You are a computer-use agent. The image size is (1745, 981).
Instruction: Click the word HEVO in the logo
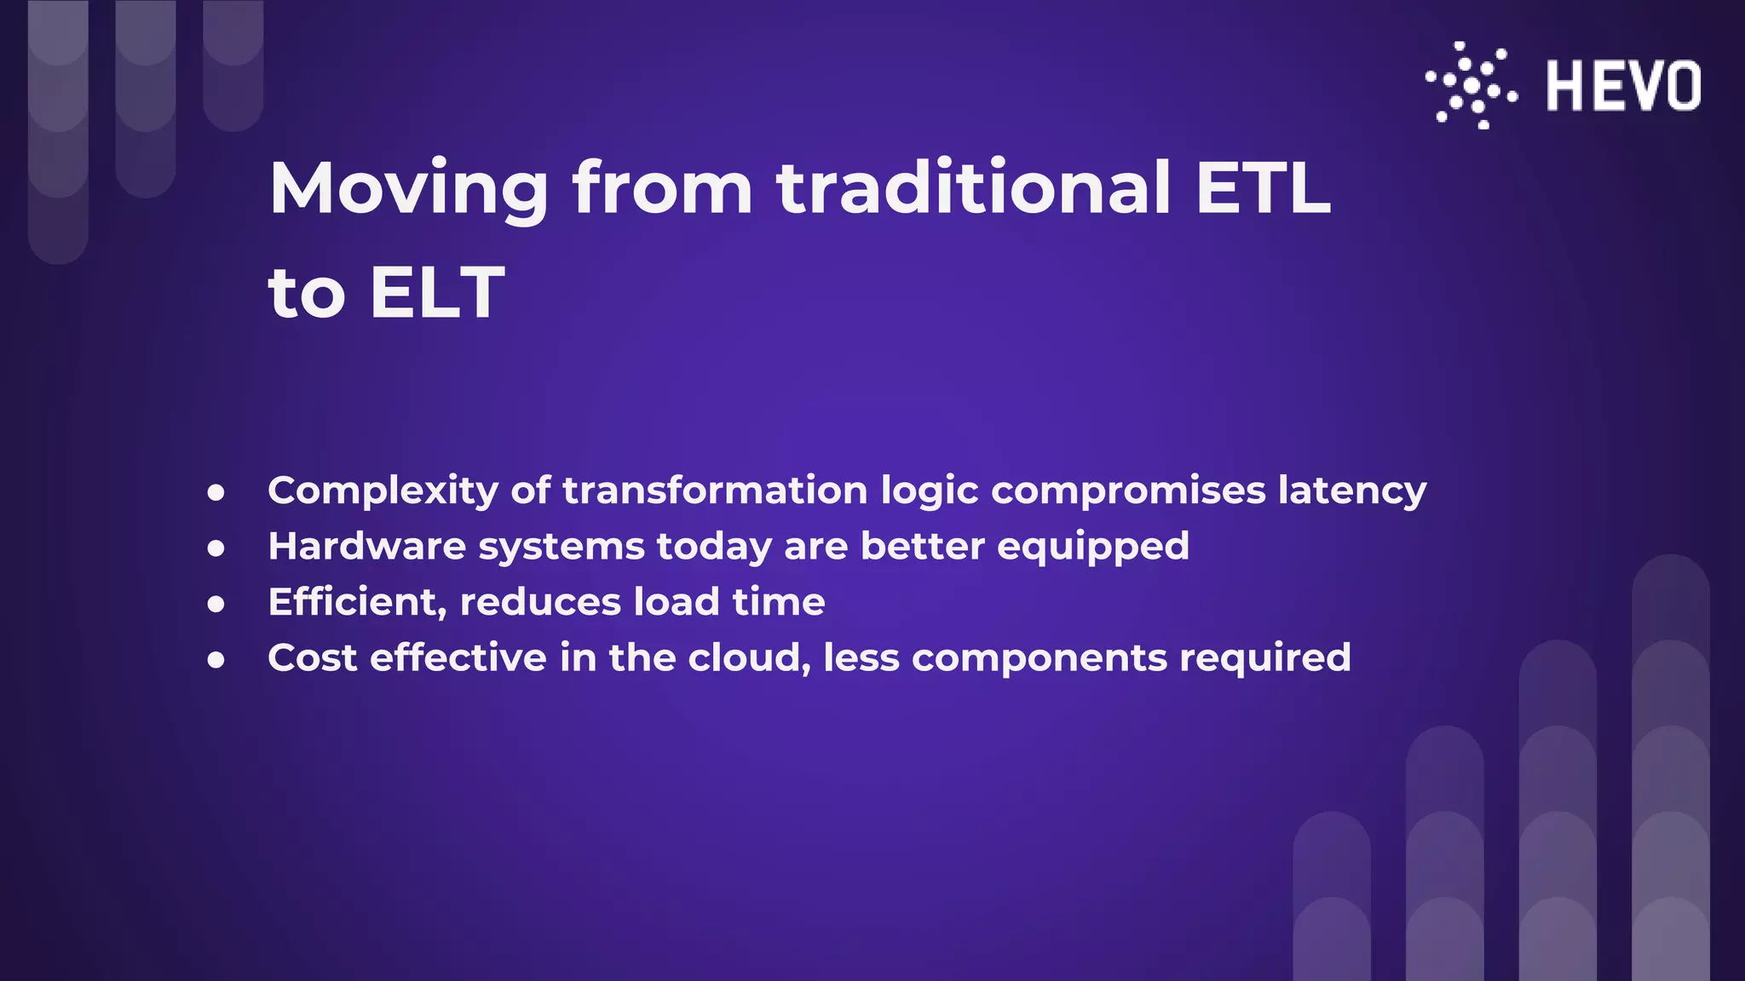tap(1623, 85)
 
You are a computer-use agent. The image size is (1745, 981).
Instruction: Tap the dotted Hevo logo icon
tap(1471, 85)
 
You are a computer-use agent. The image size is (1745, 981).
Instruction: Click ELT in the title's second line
tap(437, 293)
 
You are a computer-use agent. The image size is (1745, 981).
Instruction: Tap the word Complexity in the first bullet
tap(383, 491)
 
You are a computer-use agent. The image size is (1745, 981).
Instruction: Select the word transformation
tap(715, 490)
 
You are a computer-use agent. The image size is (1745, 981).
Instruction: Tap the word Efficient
tap(357, 602)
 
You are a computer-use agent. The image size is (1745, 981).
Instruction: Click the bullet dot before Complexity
tap(216, 492)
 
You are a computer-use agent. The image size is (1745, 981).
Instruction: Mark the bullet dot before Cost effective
tap(216, 659)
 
